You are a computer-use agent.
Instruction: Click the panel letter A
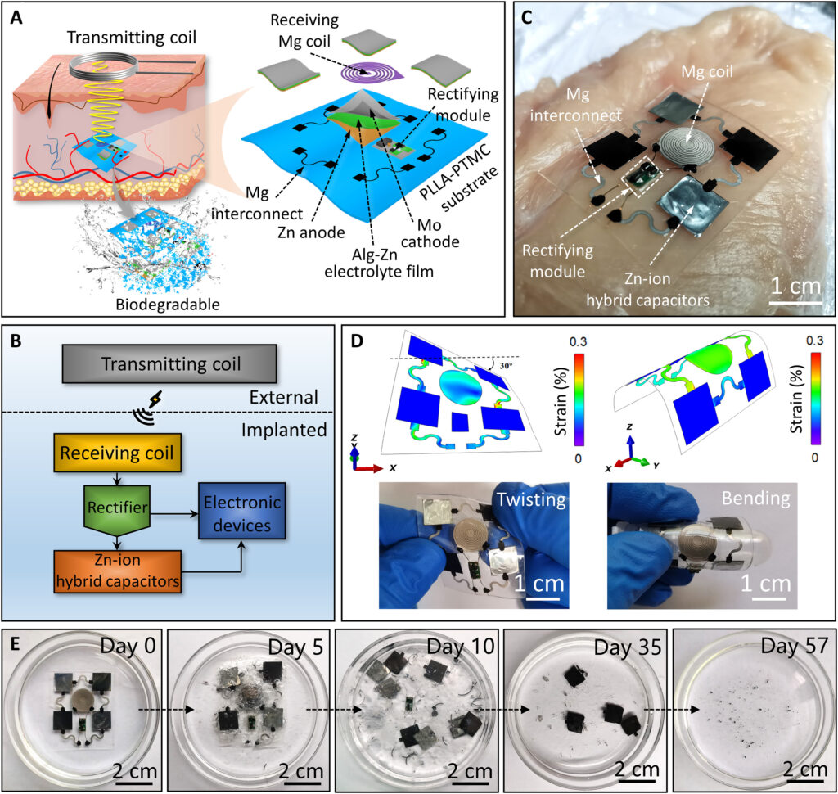[x=16, y=18]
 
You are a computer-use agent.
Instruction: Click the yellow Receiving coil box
[x=117, y=453]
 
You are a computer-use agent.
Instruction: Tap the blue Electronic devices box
[x=242, y=511]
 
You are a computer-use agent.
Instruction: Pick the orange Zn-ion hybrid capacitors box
[x=118, y=571]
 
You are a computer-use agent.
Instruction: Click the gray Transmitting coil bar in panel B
[x=169, y=363]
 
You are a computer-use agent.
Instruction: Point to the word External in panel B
[x=284, y=397]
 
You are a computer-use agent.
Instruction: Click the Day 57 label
[x=794, y=647]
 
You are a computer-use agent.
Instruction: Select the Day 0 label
[x=128, y=646]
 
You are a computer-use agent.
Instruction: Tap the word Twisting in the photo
[x=531, y=499]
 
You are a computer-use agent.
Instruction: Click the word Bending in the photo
[x=755, y=498]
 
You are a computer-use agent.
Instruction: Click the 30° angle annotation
[x=506, y=366]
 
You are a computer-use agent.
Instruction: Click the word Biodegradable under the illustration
[x=168, y=305]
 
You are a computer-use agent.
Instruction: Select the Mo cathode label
[x=430, y=233]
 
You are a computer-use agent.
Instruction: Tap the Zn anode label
[x=311, y=232]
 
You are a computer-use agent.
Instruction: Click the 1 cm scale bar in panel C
[x=795, y=303]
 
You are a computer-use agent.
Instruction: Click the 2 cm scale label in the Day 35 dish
[x=637, y=770]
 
